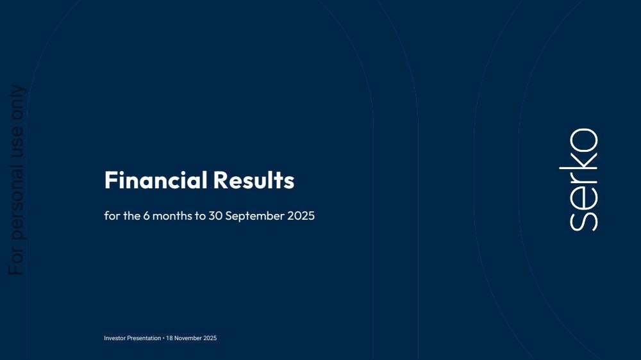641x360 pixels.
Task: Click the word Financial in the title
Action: tap(156, 180)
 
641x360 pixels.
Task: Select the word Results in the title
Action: tap(254, 180)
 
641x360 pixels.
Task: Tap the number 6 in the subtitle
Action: tap(146, 216)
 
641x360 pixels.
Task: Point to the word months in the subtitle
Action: tap(172, 216)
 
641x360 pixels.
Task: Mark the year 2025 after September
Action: tap(301, 216)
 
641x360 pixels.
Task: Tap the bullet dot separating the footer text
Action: tap(163, 338)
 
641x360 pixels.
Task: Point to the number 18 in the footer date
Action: tap(169, 338)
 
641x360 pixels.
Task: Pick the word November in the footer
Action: tap(188, 338)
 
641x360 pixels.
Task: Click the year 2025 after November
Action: tap(210, 338)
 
